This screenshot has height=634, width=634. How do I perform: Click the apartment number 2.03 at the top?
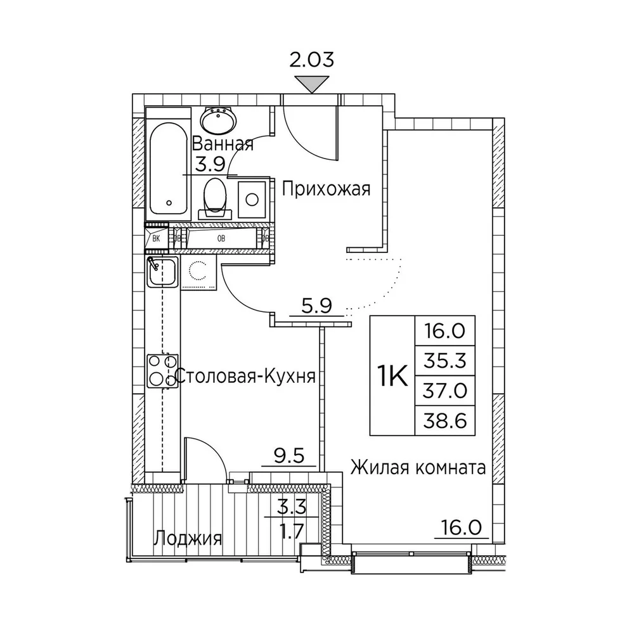(x=312, y=60)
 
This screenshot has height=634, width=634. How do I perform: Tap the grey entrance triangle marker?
(x=312, y=84)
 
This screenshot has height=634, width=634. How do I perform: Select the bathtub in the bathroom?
(x=169, y=169)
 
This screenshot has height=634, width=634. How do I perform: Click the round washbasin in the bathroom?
(x=219, y=120)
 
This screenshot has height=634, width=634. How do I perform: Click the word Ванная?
(x=223, y=144)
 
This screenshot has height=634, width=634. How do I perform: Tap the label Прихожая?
(x=326, y=189)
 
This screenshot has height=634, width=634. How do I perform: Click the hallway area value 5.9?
(x=316, y=306)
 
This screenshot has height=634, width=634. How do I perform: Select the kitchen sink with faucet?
(x=162, y=272)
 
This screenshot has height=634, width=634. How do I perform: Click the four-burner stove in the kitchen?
(x=162, y=371)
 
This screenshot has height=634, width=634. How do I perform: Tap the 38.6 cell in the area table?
(x=445, y=420)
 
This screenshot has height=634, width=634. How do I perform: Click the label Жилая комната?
(x=418, y=469)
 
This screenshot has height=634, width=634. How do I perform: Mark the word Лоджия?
(x=188, y=538)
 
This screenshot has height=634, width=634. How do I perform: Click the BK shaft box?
(x=157, y=238)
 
